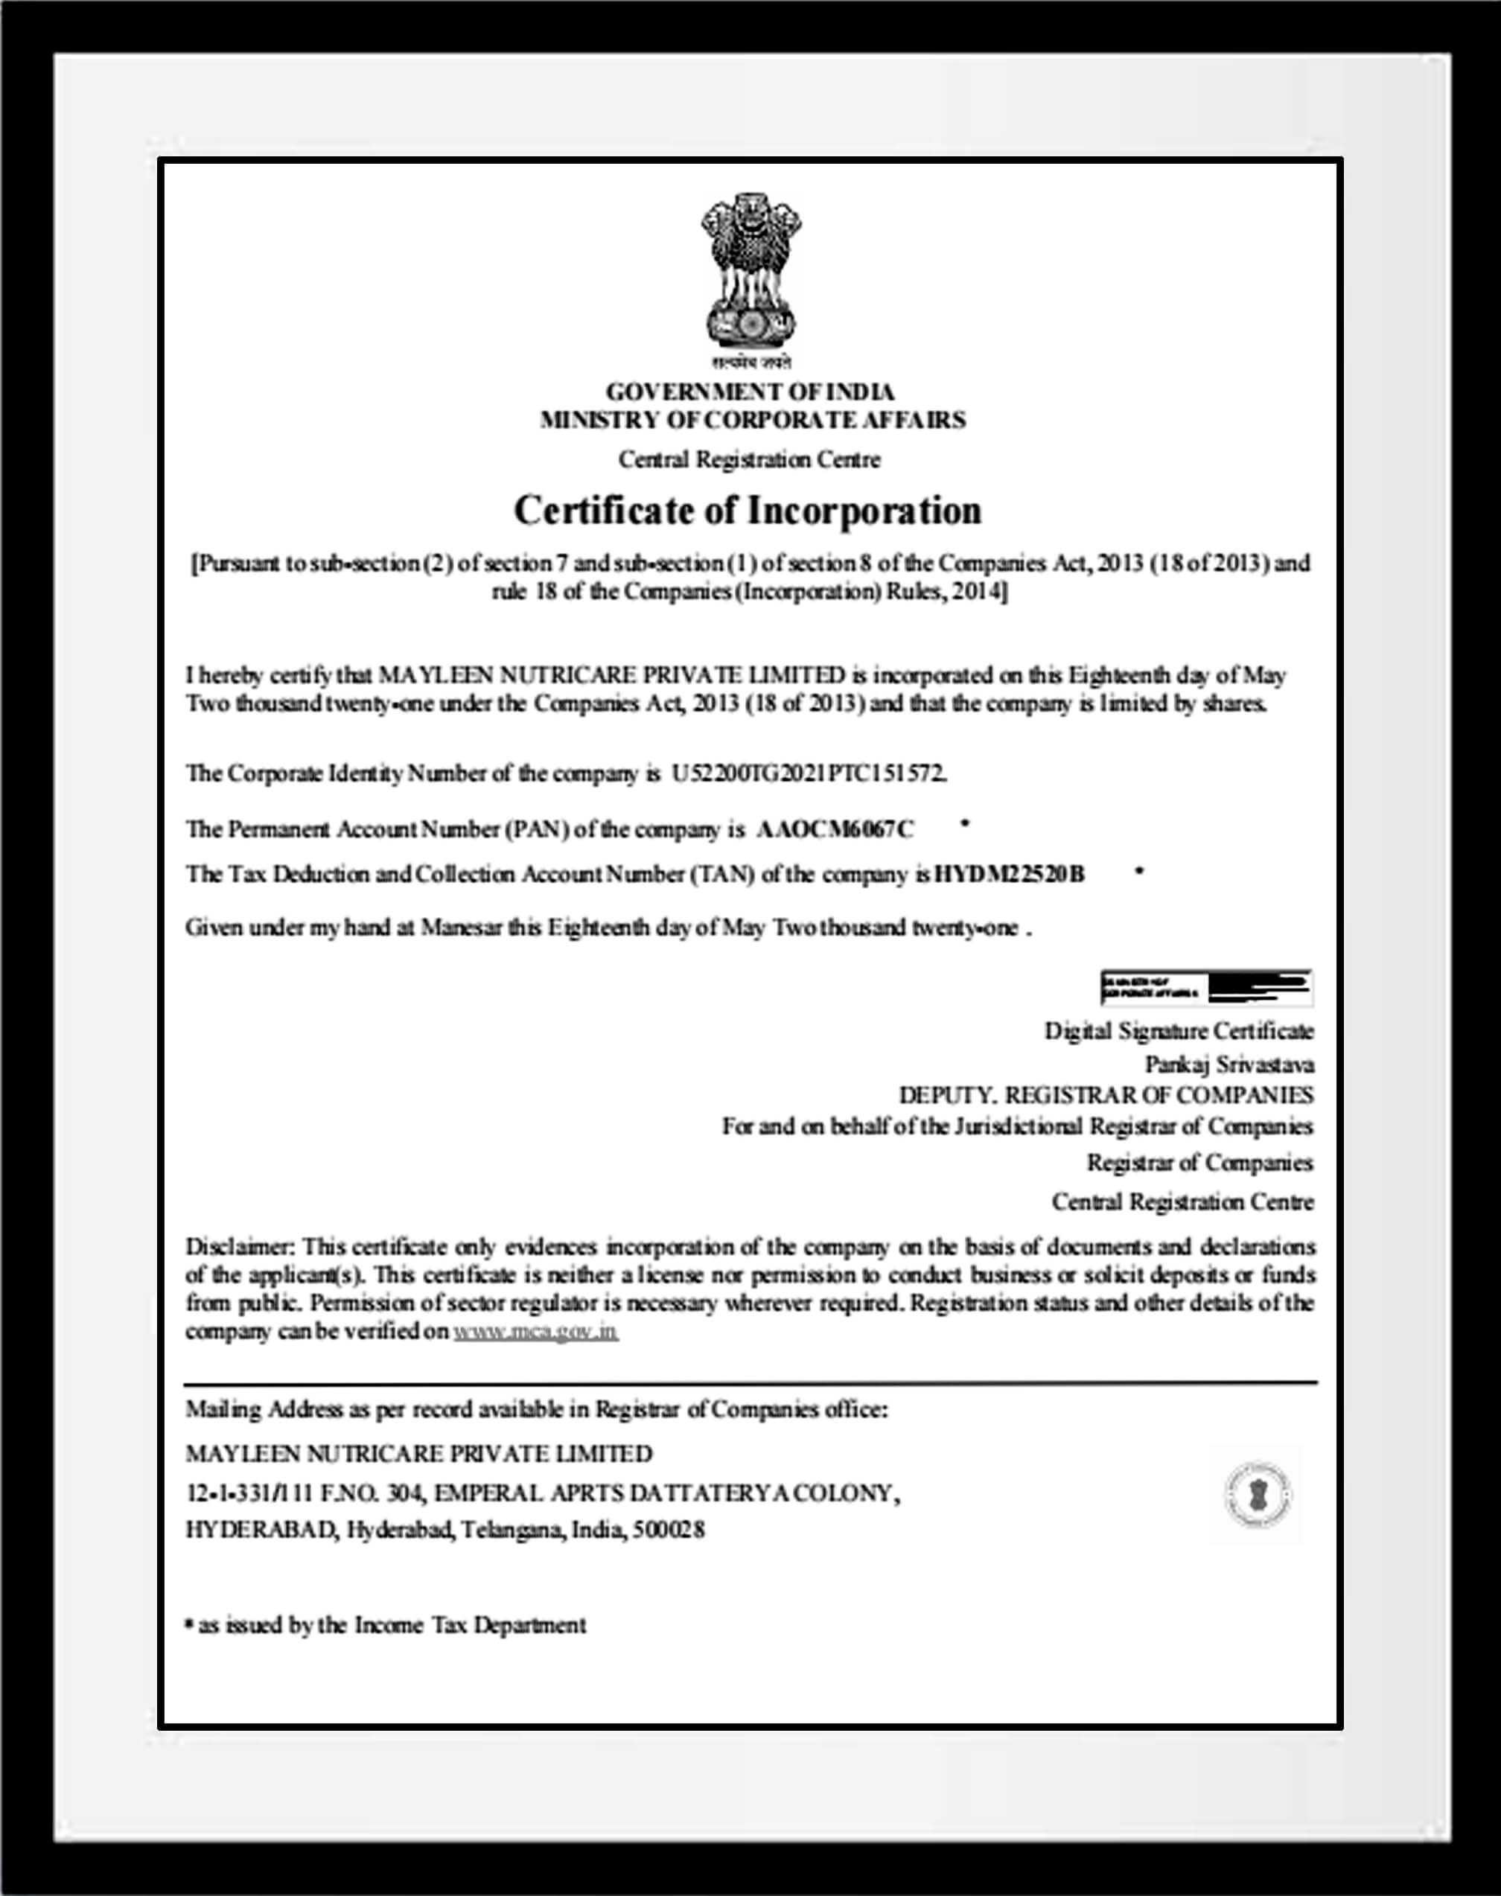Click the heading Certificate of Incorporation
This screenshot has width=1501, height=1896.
click(x=747, y=511)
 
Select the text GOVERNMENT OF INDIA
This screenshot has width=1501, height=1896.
click(x=750, y=392)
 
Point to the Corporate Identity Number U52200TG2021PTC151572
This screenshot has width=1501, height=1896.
click(x=809, y=773)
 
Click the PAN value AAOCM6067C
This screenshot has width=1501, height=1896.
click(x=835, y=829)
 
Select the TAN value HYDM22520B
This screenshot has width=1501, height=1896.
click(x=1009, y=874)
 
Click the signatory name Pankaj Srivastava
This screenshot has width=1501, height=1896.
click(x=1228, y=1064)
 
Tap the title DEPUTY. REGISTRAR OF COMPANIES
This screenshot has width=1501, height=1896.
click(x=1106, y=1096)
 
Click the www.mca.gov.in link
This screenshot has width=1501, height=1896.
click(x=535, y=1331)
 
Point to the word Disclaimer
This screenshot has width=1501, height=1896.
click(x=238, y=1247)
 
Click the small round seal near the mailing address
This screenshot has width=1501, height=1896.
click(x=1257, y=1495)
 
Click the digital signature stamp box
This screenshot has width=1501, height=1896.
click(x=1207, y=988)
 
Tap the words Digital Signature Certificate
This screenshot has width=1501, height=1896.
click(x=1179, y=1030)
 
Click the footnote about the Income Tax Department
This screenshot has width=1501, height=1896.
click(x=386, y=1625)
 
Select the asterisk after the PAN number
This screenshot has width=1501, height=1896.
click(x=966, y=823)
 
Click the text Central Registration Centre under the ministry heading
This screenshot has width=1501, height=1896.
click(x=749, y=459)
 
